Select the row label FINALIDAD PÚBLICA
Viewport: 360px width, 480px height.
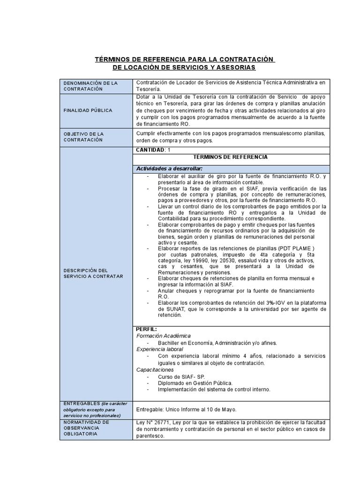[89, 111]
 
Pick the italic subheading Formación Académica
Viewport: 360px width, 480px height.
[164, 336]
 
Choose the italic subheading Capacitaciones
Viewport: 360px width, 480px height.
[155, 369]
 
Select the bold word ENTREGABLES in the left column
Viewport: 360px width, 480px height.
[81, 404]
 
